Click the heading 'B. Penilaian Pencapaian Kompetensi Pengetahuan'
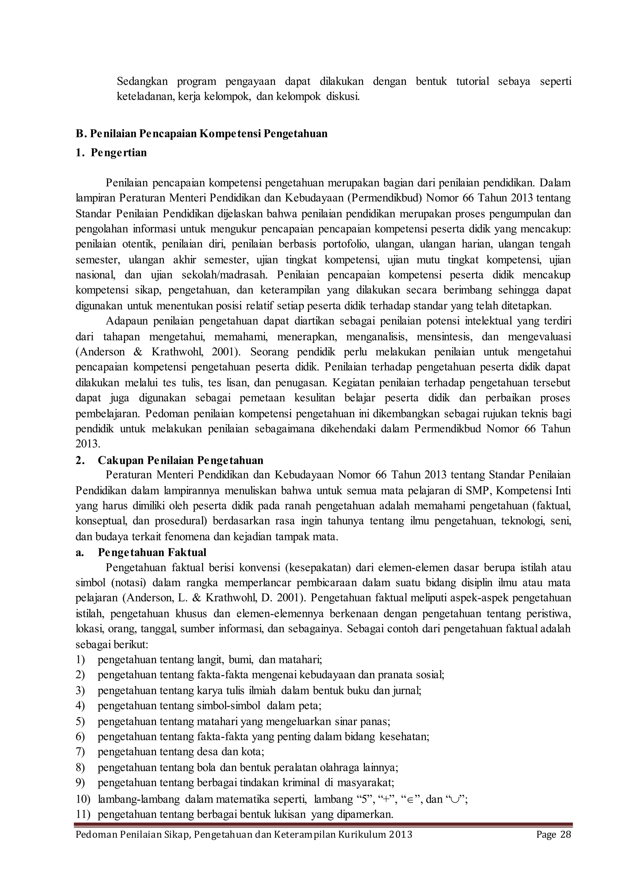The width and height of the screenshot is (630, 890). point(201,134)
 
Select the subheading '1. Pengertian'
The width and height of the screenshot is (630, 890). point(111,153)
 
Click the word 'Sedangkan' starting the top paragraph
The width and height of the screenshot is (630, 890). point(142,82)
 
